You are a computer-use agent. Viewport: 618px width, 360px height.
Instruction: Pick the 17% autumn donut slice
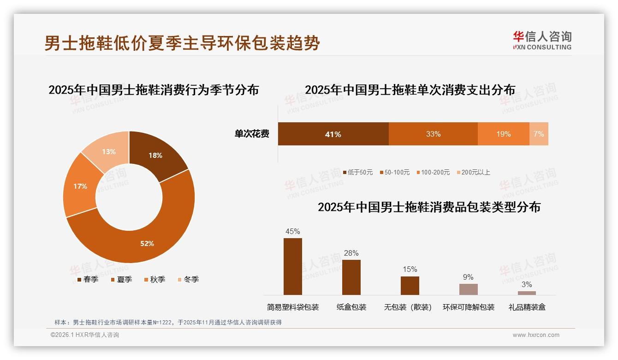pyautogui.click(x=80, y=186)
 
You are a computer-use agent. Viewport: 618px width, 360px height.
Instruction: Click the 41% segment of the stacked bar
pyautogui.click(x=333, y=134)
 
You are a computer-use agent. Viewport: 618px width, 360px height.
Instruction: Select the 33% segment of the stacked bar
pyautogui.click(x=433, y=134)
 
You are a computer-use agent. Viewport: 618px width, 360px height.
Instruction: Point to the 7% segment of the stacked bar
pyautogui.click(x=539, y=134)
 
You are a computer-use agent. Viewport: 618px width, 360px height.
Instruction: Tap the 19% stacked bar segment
pyautogui.click(x=503, y=134)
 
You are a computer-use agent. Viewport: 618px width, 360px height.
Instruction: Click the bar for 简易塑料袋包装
pyautogui.click(x=293, y=267)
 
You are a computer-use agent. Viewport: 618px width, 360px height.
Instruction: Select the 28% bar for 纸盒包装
pyautogui.click(x=351, y=277)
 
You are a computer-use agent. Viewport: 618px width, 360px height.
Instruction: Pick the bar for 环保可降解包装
pyautogui.click(x=468, y=289)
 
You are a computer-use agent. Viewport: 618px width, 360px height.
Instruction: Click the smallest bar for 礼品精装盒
pyautogui.click(x=527, y=293)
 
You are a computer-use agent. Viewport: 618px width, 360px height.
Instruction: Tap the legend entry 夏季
pyautogui.click(x=122, y=279)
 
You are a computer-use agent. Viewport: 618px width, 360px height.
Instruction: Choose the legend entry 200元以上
pyautogui.click(x=473, y=172)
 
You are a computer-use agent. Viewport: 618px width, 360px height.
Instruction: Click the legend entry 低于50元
pyautogui.click(x=358, y=172)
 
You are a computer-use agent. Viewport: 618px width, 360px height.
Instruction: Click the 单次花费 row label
pyautogui.click(x=252, y=134)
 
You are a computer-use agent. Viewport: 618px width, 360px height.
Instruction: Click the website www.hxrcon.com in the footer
pyautogui.click(x=536, y=335)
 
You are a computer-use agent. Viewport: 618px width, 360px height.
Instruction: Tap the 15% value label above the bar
pyautogui.click(x=410, y=270)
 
